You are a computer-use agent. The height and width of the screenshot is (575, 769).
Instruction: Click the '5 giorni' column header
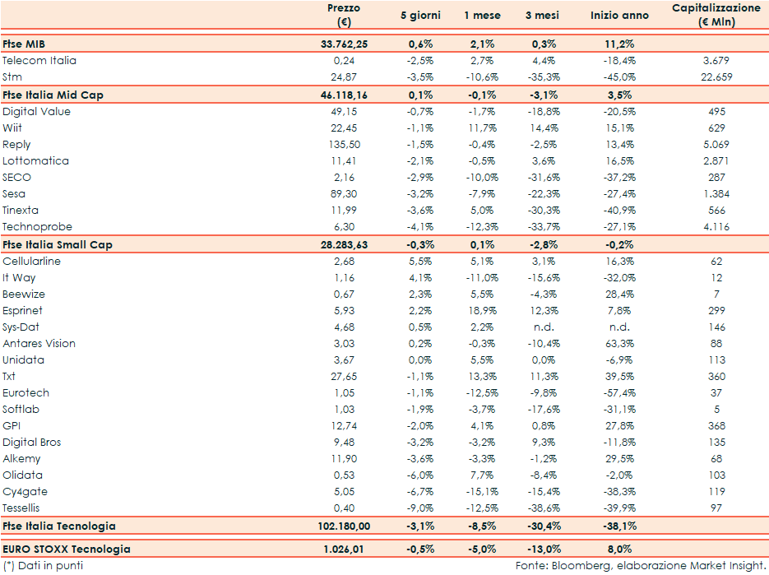click(419, 16)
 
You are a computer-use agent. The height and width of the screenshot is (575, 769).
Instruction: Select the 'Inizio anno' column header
click(619, 16)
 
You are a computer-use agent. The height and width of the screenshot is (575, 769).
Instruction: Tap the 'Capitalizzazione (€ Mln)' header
click(716, 15)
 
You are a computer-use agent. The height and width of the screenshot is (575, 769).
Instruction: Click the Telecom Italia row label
click(39, 61)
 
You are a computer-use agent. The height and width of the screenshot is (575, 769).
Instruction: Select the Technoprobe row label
click(37, 227)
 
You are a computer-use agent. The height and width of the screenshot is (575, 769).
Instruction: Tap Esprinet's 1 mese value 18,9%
click(482, 311)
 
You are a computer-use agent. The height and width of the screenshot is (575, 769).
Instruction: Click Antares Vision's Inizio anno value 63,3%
click(619, 344)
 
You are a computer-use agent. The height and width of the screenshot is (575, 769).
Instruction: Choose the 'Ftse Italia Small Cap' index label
click(58, 245)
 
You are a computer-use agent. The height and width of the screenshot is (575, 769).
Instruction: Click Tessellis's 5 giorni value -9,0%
click(419, 508)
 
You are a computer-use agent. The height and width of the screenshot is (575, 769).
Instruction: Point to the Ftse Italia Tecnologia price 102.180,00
click(343, 526)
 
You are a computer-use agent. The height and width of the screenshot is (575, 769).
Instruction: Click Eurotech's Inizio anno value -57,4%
click(619, 393)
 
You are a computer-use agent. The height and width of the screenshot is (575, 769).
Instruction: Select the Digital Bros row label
click(32, 443)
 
